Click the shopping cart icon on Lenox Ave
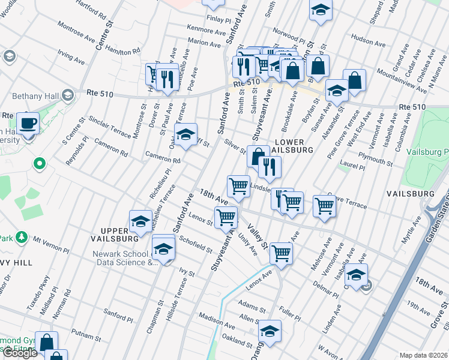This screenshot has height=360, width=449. click(x=281, y=253)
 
